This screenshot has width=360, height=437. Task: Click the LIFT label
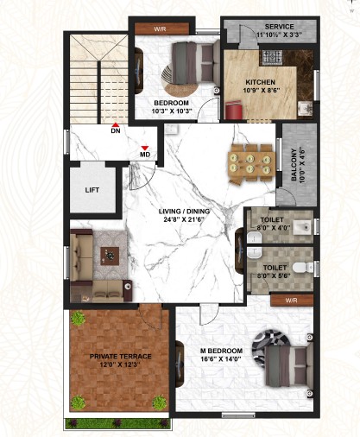[x=92, y=190]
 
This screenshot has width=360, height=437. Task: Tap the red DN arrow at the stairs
[x=116, y=125]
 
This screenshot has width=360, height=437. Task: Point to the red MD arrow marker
[x=145, y=148]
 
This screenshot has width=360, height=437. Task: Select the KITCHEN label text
[x=260, y=82]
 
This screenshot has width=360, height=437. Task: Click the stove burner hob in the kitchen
[x=272, y=57]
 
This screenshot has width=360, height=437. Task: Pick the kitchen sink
[x=305, y=108]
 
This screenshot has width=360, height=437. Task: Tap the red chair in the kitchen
[x=233, y=110]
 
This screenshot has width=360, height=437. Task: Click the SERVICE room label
[x=280, y=27]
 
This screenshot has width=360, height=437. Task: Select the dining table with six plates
[x=250, y=163]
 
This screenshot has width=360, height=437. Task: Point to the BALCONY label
[x=294, y=165]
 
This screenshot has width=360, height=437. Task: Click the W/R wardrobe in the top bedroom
[x=161, y=28]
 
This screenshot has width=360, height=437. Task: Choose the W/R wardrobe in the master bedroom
[x=292, y=301]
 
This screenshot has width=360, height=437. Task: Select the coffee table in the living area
[x=110, y=256]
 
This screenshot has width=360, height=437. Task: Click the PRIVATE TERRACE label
[x=121, y=357]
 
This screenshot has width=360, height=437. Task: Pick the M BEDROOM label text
[x=221, y=351]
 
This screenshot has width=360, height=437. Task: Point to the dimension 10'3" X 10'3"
[x=172, y=111]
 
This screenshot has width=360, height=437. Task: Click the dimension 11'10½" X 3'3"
[x=280, y=35]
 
